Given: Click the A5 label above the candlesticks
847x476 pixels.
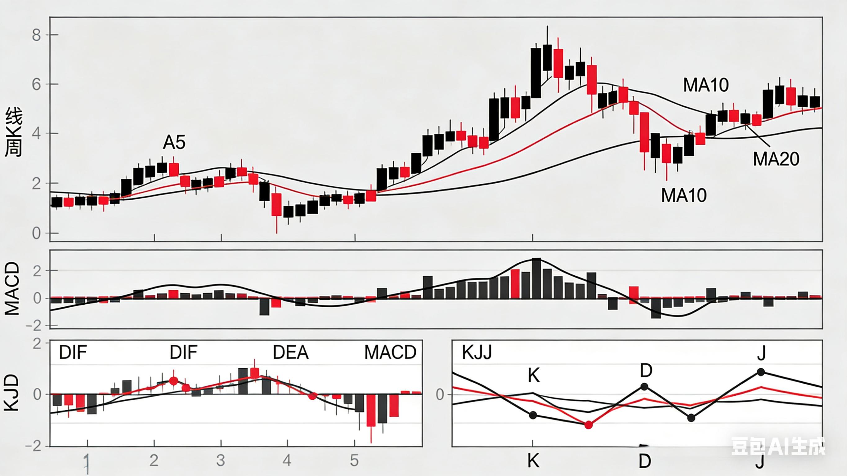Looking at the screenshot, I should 174,142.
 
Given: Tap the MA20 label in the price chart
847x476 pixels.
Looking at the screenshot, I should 776,159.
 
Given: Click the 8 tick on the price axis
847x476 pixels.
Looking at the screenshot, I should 37,35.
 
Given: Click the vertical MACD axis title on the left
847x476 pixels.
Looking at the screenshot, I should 12,289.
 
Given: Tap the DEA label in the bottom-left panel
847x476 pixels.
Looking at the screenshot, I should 291,353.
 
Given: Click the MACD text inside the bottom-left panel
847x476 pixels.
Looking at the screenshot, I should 390,353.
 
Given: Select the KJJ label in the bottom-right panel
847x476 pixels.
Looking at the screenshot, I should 477,353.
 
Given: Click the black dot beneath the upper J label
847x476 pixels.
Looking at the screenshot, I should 761,372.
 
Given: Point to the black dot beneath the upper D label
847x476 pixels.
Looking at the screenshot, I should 644,387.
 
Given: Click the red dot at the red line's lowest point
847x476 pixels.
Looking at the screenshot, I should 589,425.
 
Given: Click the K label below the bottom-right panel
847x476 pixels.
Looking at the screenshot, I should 533,461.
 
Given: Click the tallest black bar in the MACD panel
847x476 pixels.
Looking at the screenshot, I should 536,278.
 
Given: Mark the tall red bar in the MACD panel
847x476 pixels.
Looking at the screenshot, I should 515,284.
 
